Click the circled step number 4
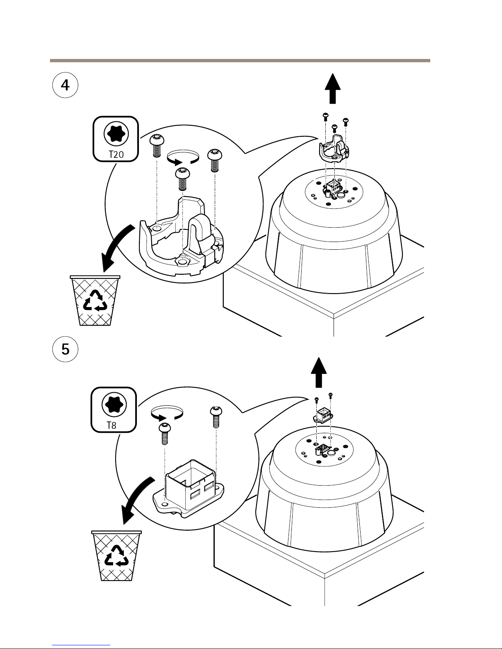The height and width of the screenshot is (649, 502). tap(65, 85)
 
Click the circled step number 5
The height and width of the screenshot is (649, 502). tap(65, 349)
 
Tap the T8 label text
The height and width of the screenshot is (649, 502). tap(111, 425)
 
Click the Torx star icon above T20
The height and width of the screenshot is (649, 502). tap(116, 133)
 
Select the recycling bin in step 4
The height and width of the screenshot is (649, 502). tap(95, 301)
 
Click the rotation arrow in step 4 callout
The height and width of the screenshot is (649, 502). tap(183, 157)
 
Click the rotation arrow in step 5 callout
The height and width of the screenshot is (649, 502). tap(166, 413)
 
